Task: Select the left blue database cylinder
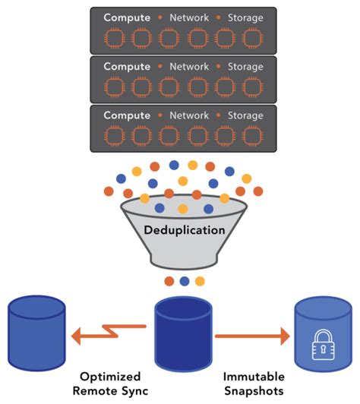pyautogui.click(x=37, y=335)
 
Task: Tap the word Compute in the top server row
pyautogui.click(x=126, y=16)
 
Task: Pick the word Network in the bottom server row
pyautogui.click(x=188, y=115)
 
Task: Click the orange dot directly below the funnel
pyautogui.click(x=169, y=282)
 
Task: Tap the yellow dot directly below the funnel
pyautogui.click(x=200, y=282)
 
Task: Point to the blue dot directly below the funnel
pyautogui.click(x=184, y=282)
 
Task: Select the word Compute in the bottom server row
pyautogui.click(x=126, y=115)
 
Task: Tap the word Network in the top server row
pyautogui.click(x=188, y=16)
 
